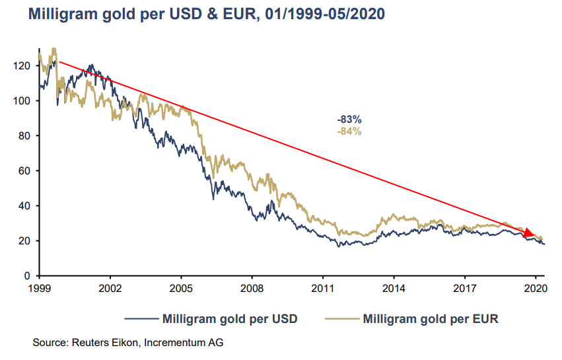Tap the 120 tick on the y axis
pyautogui.click(x=24, y=66)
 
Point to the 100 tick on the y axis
pyautogui.click(x=24, y=101)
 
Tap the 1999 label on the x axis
pyautogui.click(x=39, y=289)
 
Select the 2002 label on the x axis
pyautogui.click(x=110, y=289)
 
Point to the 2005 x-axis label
pyautogui.click(x=181, y=289)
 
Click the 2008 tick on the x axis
pyautogui.click(x=252, y=289)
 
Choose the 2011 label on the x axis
pyautogui.click(x=322, y=289)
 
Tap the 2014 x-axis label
pyautogui.click(x=394, y=289)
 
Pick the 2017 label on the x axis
pyautogui.click(x=464, y=289)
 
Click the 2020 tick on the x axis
pyautogui.click(x=535, y=289)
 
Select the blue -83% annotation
pyautogui.click(x=349, y=120)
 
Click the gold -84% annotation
pyautogui.click(x=349, y=131)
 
